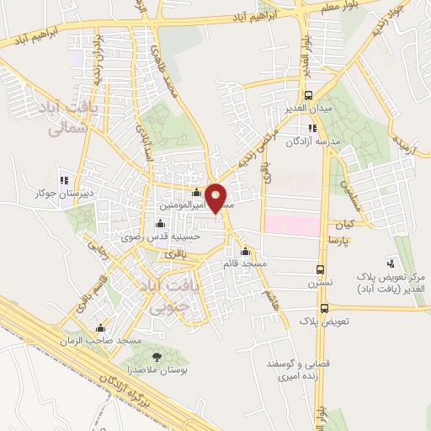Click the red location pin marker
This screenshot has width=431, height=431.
(216, 198)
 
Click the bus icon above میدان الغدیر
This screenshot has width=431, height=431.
(309, 95)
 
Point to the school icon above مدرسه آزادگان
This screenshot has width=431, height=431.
(312, 128)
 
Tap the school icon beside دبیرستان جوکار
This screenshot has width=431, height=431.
(64, 180)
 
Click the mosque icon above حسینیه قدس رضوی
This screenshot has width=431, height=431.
(160, 224)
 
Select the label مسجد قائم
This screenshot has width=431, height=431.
(245, 264)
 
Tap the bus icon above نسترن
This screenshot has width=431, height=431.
(320, 269)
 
